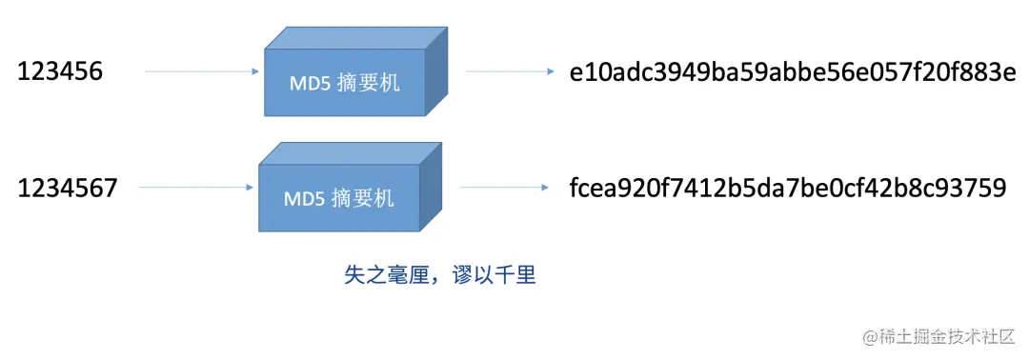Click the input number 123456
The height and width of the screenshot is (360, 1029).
(61, 72)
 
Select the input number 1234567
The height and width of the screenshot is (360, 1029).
(68, 188)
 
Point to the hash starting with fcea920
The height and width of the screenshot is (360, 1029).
(787, 188)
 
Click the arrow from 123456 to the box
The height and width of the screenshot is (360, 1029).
(202, 71)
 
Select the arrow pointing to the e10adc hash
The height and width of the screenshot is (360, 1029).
(511, 71)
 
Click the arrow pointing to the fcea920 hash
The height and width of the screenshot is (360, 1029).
(504, 187)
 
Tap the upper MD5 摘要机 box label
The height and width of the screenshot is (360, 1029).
(344, 83)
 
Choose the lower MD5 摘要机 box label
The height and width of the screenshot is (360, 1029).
(338, 199)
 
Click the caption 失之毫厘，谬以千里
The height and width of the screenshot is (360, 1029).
(439, 276)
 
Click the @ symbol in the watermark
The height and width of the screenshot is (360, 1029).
(870, 337)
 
